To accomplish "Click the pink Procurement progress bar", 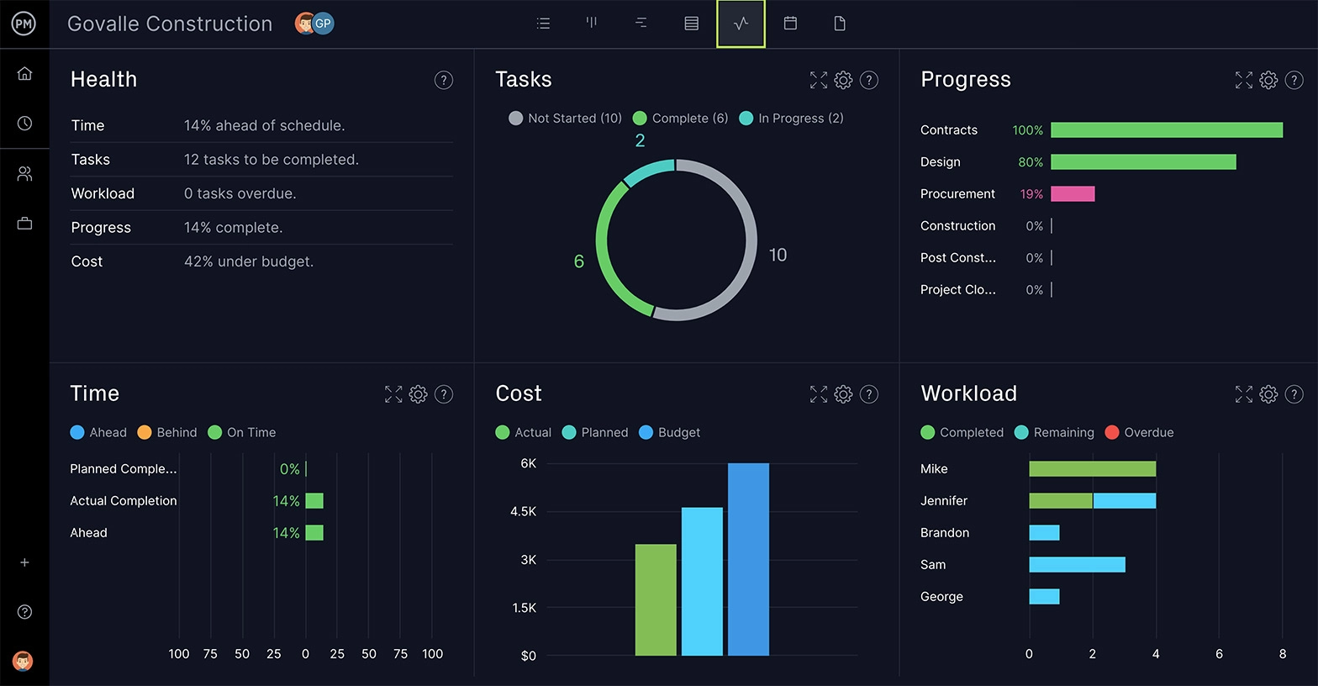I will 1073,194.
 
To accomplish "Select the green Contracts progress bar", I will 1166,130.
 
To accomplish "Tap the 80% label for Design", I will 1030,162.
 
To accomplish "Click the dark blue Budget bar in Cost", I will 748,559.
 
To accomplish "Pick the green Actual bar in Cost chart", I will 656,599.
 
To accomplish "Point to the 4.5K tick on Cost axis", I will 523,511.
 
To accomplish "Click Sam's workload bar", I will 1077,565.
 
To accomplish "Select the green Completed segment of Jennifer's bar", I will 1060,501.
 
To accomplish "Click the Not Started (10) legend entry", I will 566,119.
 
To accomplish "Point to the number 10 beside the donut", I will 778,255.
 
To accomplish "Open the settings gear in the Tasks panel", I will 843,80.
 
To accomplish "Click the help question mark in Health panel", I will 443,80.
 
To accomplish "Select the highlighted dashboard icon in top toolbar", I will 741,24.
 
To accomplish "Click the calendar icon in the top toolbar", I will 790,24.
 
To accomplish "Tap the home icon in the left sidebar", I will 24,74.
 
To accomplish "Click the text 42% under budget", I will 249,261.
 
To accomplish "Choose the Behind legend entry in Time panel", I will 167,432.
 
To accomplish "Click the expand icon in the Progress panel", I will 1243,80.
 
